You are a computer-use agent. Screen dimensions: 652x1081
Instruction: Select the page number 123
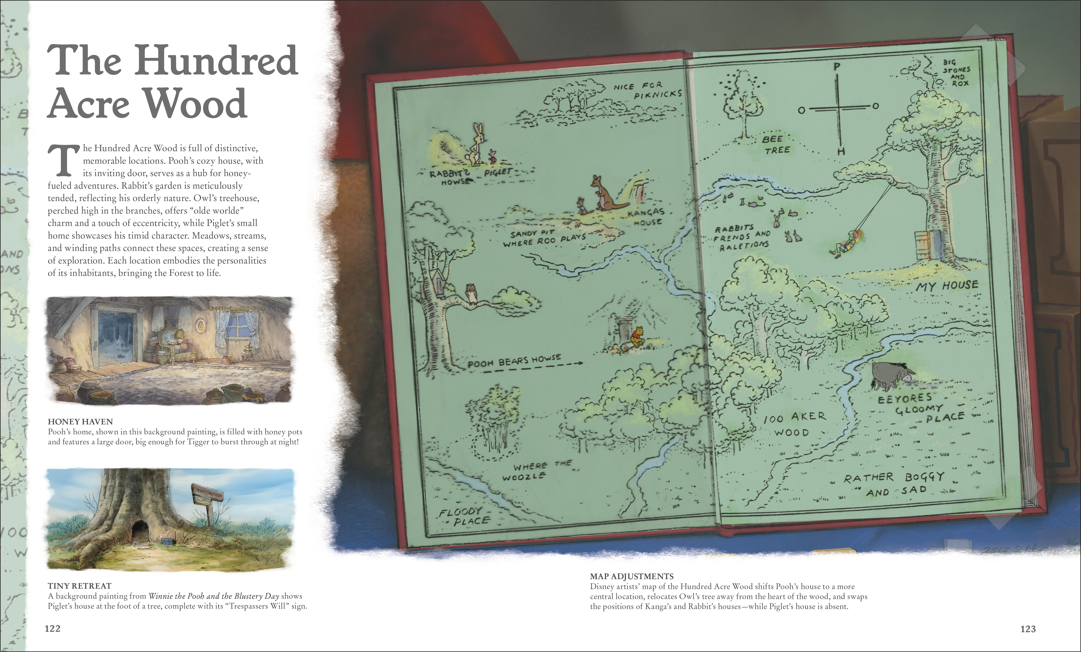pos(1028,629)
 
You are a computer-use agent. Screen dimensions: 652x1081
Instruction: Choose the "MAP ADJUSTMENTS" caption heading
pos(632,576)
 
